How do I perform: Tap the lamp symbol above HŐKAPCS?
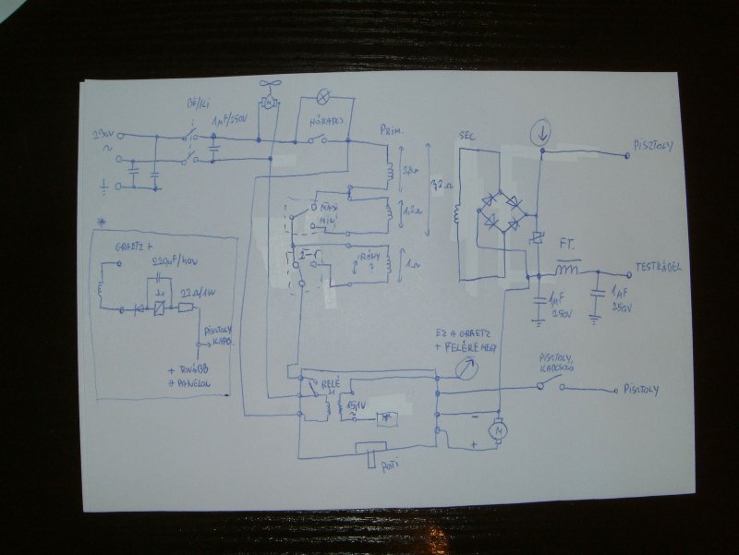[x=322, y=95]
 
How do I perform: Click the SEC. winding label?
[x=466, y=137]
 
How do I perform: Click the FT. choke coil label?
[x=567, y=247]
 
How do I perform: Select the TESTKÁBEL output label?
[x=658, y=267]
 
